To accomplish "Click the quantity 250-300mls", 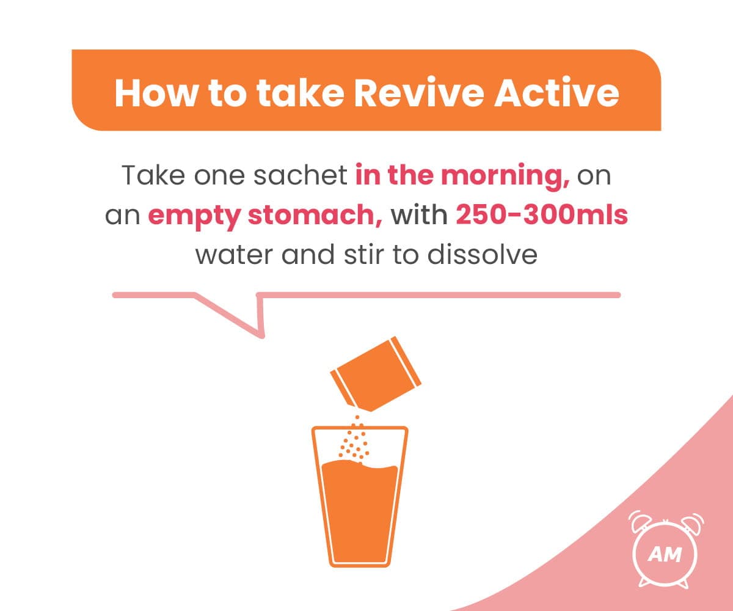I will pos(542,216).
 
